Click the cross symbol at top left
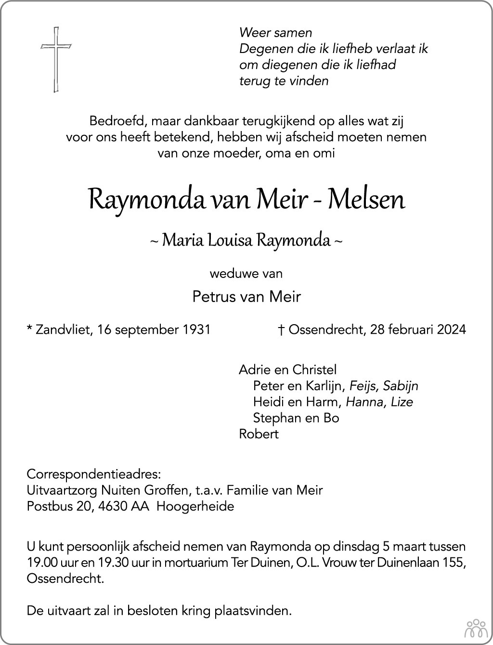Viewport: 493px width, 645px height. [x=56, y=60]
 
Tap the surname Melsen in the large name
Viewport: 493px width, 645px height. [x=366, y=199]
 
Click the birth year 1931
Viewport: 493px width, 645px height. [x=196, y=329]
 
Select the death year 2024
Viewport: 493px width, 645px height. [x=452, y=329]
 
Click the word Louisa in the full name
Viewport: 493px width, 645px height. [x=229, y=240]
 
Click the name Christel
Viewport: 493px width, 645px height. [x=314, y=369]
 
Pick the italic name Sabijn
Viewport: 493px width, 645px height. [x=401, y=385]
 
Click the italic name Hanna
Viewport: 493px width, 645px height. [x=363, y=402]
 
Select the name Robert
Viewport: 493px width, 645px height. [x=259, y=434]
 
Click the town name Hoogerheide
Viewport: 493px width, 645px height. [x=195, y=506]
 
